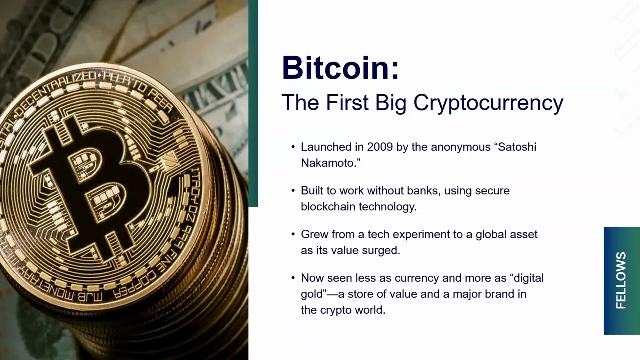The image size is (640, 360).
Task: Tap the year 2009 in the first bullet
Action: coord(380,147)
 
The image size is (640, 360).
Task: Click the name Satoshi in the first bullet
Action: coord(517,147)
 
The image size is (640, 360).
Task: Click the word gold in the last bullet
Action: coord(312,294)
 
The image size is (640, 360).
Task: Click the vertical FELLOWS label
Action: coord(621,280)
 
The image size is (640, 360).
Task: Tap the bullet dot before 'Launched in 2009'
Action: coord(293,147)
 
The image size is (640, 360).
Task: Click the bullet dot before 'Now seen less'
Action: coord(293,278)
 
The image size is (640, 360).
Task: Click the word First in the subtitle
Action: coord(347,103)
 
